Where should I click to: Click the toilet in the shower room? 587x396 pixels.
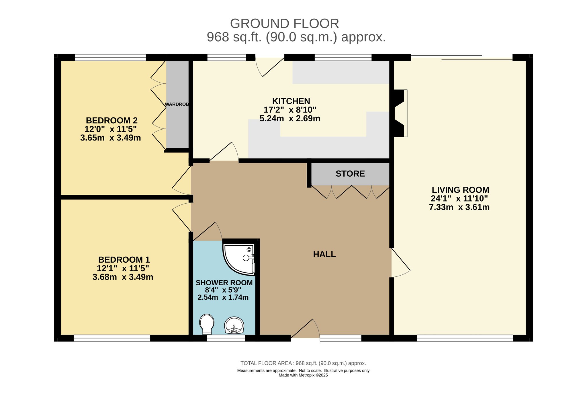(x=207, y=324)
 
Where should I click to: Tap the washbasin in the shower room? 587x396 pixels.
(x=234, y=325)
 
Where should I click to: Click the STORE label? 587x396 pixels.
(x=350, y=174)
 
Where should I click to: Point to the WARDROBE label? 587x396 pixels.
(x=177, y=104)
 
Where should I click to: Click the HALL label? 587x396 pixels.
(x=324, y=254)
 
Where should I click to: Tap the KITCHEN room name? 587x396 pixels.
(x=291, y=101)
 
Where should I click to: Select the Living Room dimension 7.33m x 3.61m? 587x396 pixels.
(x=459, y=207)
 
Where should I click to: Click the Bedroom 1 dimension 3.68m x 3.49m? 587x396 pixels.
(x=123, y=277)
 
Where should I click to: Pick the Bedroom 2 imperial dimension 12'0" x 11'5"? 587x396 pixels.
(x=111, y=129)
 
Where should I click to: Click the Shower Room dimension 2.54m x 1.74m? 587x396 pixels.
(x=223, y=297)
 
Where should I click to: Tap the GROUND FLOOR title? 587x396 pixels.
(x=285, y=24)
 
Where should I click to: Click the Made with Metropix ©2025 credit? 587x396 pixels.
(x=303, y=375)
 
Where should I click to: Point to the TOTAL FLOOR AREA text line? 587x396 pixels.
(x=303, y=363)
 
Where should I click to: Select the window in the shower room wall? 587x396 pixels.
(x=226, y=338)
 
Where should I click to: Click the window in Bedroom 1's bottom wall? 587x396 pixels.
(x=112, y=338)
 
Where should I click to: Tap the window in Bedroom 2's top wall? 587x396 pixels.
(x=110, y=57)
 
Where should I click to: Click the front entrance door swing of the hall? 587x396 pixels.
(x=305, y=330)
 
